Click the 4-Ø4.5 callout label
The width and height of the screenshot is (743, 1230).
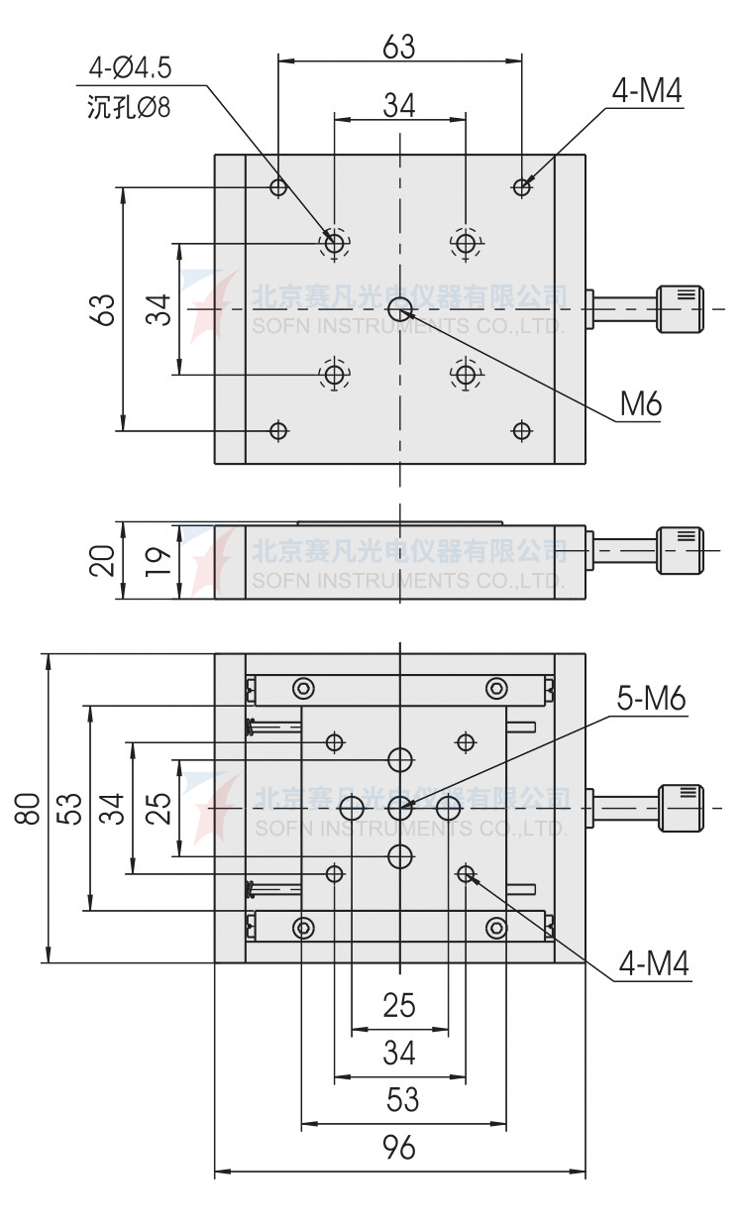coord(130,68)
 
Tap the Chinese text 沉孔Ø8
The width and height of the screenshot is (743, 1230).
coord(129,107)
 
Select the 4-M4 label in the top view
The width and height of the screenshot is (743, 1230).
coord(647,91)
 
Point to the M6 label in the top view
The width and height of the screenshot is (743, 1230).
coord(640,403)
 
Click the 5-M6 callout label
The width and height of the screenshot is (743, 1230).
coord(651,699)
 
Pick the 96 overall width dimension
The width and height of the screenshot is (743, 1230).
coord(399,1148)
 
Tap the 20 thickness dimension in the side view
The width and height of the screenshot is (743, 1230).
coord(102,561)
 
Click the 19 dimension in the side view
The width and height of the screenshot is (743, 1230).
coord(159,562)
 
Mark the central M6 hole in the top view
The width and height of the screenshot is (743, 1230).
coord(400,309)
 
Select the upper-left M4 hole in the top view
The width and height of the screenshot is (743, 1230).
coord(279,186)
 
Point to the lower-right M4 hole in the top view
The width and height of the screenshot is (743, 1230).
coord(522,430)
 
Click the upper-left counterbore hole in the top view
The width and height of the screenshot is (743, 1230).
coord(335,243)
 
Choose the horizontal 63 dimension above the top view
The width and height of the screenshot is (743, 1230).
coord(399,47)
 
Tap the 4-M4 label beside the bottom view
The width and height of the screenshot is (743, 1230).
coord(653,963)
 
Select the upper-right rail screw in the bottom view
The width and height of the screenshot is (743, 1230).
coord(495,688)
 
